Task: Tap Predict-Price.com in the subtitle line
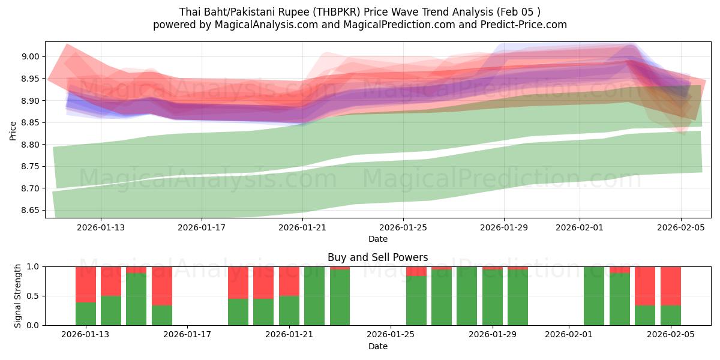click(526, 25)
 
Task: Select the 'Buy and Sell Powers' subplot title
click(377, 257)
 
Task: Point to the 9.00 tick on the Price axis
click(30, 57)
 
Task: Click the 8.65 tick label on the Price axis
click(30, 211)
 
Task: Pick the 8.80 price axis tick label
click(30, 145)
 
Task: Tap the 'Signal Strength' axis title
click(18, 296)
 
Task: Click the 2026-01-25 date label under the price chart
click(403, 228)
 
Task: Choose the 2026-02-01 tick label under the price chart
click(580, 228)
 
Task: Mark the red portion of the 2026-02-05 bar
click(671, 286)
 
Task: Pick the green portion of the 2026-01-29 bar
click(493, 298)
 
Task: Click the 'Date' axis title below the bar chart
click(377, 347)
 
